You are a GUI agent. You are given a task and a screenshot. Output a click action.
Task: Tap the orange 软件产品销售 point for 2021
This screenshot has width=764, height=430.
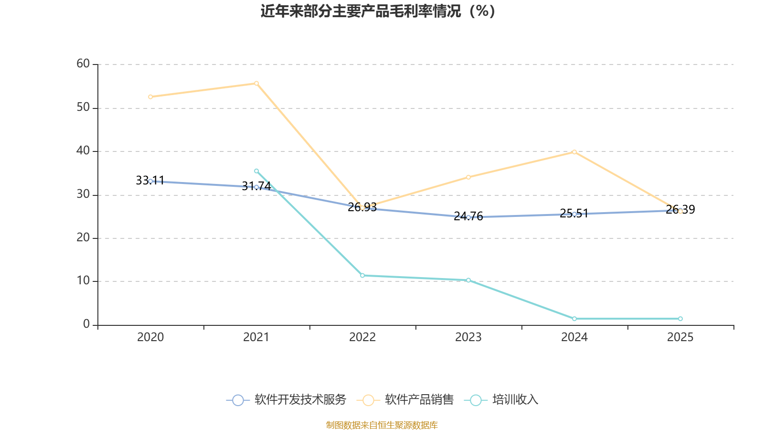(x=256, y=83)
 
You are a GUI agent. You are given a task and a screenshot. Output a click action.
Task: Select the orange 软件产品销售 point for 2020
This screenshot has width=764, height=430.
(x=150, y=97)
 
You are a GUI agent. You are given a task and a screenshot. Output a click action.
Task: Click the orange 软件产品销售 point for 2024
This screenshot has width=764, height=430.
(x=574, y=152)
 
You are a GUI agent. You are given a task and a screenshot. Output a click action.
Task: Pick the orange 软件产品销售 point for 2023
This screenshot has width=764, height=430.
(x=468, y=177)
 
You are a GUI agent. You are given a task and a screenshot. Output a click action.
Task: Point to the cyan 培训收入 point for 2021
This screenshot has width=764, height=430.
(x=256, y=171)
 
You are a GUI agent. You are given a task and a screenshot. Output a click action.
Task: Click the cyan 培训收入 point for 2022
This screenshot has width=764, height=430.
(x=362, y=276)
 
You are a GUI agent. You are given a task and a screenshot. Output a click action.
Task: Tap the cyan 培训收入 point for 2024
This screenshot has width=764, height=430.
(x=574, y=319)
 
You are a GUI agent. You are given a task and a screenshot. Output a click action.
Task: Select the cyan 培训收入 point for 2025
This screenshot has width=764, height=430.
(x=680, y=319)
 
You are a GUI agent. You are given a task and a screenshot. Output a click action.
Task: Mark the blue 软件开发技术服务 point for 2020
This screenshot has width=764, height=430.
(x=150, y=181)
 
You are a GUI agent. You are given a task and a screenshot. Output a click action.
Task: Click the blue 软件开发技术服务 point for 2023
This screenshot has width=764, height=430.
(x=468, y=217)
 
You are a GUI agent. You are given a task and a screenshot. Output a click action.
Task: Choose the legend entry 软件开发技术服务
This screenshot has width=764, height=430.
(x=286, y=400)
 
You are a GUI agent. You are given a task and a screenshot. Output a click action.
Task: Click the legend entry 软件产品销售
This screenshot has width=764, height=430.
(x=408, y=400)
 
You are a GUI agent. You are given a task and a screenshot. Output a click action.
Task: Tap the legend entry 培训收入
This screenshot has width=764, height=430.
(x=501, y=400)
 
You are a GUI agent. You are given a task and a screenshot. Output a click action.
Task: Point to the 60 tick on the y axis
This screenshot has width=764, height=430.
(x=83, y=64)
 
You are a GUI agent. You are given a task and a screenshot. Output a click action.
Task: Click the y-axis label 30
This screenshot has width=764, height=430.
(x=83, y=194)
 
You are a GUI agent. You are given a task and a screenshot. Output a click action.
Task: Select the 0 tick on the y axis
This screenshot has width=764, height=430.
(x=86, y=324)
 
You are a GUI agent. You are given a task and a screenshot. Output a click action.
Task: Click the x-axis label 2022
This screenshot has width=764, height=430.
(x=362, y=337)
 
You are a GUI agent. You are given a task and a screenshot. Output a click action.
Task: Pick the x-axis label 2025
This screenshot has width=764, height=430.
(x=680, y=337)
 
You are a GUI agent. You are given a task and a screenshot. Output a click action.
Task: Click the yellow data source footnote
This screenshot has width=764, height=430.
(x=382, y=425)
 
